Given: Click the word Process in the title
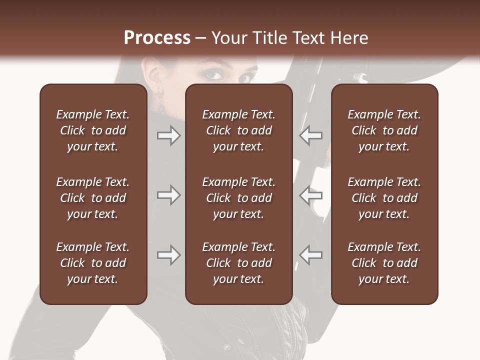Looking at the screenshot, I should point(157,38).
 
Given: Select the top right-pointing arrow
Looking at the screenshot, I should point(169,135).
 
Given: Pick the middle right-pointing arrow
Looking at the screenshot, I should point(169,195).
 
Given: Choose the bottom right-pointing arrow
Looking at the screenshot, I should point(169,255).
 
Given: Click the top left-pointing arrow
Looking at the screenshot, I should point(310,135).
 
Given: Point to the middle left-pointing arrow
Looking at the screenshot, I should point(310,195).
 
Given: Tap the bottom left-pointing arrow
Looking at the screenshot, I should point(310,255).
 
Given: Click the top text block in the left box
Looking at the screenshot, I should point(93,130).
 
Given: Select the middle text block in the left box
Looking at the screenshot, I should point(93,198).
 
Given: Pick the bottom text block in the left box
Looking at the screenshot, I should point(93,263).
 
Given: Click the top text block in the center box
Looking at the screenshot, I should point(239,130).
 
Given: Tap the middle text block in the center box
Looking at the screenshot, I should point(239,198).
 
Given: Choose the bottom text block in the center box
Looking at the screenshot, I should point(239,263).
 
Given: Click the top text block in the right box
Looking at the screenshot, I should point(384,130).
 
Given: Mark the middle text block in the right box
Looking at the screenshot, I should point(384,198).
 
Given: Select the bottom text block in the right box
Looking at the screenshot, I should point(384,263).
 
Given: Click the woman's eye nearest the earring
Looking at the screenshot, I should point(214,75).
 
